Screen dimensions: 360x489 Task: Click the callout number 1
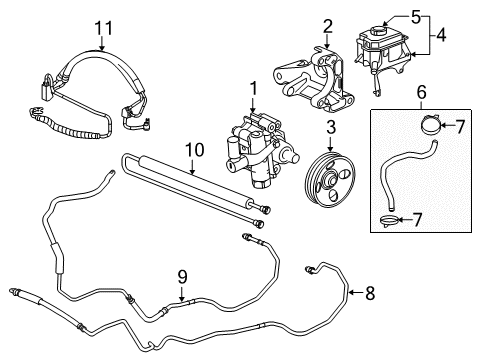252,87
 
